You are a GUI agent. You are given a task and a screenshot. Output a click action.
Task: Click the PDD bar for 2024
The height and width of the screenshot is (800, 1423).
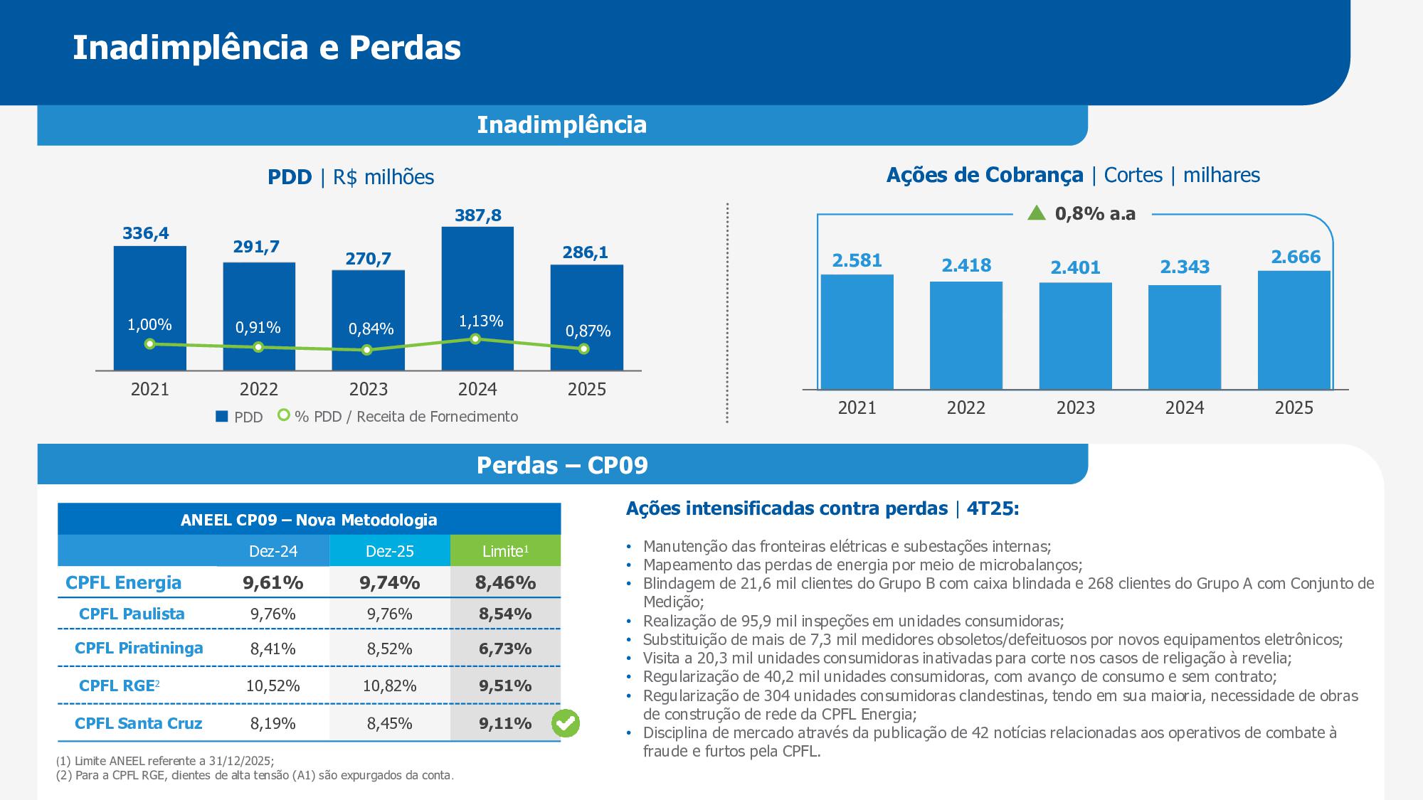(477, 299)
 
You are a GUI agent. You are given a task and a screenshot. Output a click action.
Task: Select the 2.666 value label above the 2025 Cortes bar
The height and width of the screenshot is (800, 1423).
(1296, 257)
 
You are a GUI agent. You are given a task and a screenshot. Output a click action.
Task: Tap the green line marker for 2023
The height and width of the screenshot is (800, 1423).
(366, 350)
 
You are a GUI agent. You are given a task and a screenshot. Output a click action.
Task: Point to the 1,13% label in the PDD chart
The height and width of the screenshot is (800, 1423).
(481, 321)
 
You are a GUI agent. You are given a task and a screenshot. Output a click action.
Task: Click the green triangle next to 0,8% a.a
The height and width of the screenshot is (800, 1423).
(1037, 213)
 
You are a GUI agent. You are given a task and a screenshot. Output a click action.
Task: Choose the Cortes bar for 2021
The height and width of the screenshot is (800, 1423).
(857, 332)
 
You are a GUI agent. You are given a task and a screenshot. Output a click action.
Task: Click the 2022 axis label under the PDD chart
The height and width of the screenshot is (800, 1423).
(259, 389)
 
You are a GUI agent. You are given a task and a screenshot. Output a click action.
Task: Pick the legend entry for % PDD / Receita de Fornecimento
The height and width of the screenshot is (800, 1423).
(398, 416)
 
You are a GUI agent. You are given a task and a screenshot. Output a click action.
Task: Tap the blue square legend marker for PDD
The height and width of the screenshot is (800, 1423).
(221, 417)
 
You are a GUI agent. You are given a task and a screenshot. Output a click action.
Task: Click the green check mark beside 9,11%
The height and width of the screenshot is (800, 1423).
(566, 723)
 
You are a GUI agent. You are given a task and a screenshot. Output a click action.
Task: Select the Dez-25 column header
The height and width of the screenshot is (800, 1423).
(390, 551)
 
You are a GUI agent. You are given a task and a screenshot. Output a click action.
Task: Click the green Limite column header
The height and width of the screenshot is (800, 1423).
(505, 551)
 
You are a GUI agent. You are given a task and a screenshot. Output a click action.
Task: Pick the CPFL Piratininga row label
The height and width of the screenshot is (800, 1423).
(139, 648)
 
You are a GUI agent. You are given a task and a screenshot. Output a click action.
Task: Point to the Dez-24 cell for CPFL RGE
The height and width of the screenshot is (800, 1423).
(273, 686)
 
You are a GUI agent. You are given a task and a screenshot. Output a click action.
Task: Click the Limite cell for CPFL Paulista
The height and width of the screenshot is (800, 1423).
(505, 614)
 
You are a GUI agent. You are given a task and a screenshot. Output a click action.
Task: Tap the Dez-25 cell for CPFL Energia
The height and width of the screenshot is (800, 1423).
(390, 582)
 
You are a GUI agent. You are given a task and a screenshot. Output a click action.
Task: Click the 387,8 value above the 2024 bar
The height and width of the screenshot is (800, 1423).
(478, 215)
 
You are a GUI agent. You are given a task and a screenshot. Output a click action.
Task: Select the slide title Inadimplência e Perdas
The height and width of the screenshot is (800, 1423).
(267, 48)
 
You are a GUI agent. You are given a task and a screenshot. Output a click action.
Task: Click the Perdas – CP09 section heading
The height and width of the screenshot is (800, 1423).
(562, 465)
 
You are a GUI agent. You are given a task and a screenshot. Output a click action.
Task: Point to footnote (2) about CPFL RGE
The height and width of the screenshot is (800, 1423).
(255, 775)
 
